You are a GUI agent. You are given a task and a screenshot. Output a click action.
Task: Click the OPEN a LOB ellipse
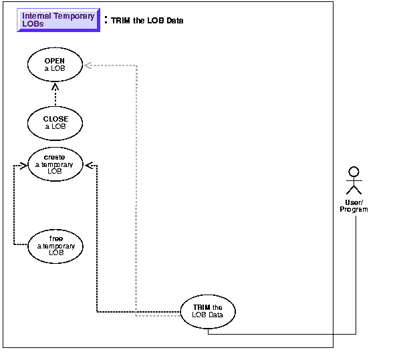pyautogui.click(x=55, y=64)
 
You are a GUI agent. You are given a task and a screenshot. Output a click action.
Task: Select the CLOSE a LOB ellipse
pyautogui.click(x=55, y=123)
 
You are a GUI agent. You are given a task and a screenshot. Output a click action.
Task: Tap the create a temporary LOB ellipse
pyautogui.click(x=55, y=163)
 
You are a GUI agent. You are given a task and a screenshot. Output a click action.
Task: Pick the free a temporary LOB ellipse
pyautogui.click(x=55, y=245)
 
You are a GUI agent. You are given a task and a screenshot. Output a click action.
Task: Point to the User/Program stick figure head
pyautogui.click(x=355, y=172)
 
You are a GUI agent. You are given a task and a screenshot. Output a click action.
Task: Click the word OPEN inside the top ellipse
pyautogui.click(x=55, y=60)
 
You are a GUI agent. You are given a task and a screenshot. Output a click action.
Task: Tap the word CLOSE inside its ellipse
pyautogui.click(x=55, y=119)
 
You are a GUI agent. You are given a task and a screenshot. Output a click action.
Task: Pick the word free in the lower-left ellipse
pyautogui.click(x=56, y=238)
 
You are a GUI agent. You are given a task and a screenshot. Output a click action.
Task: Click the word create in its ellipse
pyautogui.click(x=55, y=156)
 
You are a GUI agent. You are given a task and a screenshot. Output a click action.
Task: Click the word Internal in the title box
pyautogui.click(x=39, y=15)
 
